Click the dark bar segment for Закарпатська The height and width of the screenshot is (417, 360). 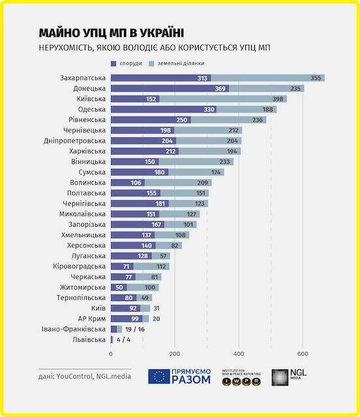click(161, 78)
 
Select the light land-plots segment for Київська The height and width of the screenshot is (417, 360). click(223, 99)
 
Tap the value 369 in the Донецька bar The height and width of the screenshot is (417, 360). click(220, 89)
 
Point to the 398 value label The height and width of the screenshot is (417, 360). click(278, 99)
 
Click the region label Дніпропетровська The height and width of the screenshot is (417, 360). click(74, 141)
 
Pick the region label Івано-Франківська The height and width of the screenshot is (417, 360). click(74, 329)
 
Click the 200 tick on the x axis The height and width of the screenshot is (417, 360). click(175, 354)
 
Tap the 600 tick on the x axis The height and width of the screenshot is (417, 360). click(303, 354)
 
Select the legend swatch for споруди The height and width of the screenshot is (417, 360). click(113, 64)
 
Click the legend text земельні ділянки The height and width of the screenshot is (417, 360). click(181, 63)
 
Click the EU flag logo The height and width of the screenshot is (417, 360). click(159, 377)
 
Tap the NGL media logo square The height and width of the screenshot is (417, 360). click(280, 377)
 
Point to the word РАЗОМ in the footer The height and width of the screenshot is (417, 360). click(191, 380)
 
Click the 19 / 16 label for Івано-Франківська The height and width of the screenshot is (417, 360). click(135, 329)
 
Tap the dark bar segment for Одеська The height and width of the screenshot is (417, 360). click(164, 109)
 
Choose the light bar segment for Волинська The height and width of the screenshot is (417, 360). click(178, 182)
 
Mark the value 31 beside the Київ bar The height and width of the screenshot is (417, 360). click(157, 308)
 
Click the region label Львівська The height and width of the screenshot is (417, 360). click(89, 339)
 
